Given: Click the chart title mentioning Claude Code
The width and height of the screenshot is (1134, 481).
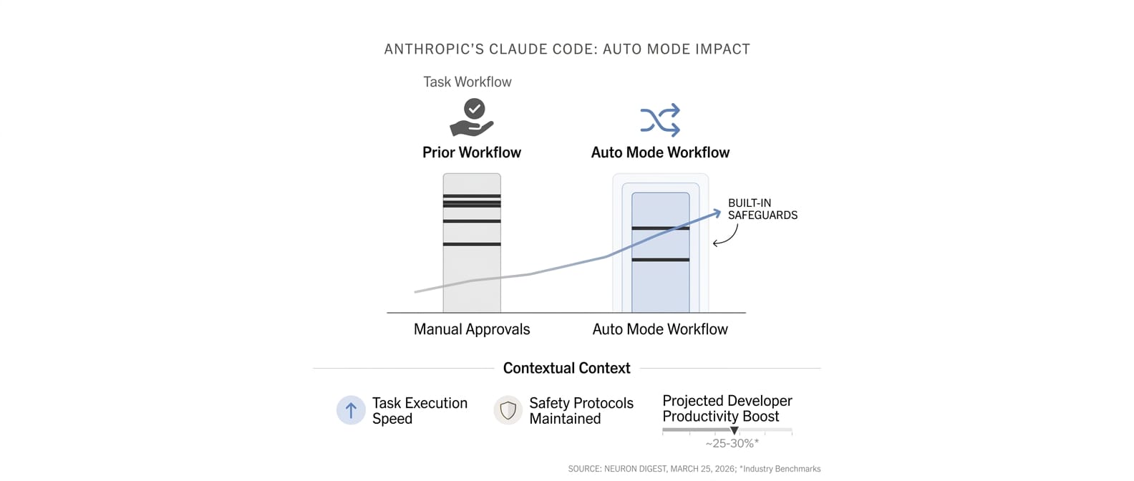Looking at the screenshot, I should tap(567, 49).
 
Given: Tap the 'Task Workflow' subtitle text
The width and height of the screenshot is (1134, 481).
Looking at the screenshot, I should tap(467, 82).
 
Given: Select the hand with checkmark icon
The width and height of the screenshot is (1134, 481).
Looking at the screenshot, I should tap(472, 118).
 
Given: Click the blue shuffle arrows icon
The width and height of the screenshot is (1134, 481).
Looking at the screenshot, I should tap(660, 120).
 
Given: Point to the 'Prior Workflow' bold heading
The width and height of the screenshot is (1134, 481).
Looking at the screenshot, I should tap(472, 152).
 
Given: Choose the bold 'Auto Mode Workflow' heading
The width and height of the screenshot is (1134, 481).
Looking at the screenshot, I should tap(660, 152).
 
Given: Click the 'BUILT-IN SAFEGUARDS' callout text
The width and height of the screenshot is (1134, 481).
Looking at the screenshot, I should tap(762, 209).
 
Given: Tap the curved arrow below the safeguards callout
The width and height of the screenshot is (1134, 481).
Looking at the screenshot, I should tap(726, 236).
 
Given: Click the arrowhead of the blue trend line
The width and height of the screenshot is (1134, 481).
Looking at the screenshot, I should tap(717, 212).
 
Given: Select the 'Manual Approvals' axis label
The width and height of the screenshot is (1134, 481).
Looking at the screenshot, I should tap(472, 329).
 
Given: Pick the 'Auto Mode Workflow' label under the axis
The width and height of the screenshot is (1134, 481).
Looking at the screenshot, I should tap(660, 329).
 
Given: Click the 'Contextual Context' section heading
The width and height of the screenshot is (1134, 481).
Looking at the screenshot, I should tap(566, 368).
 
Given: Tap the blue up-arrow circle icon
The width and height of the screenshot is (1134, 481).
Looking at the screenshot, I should tap(351, 410).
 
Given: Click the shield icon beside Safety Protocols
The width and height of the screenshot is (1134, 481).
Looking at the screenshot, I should tap(508, 410).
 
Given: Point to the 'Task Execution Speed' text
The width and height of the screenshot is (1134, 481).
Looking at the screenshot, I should tap(420, 411).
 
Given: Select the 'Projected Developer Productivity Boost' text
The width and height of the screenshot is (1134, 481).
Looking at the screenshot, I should tap(727, 409).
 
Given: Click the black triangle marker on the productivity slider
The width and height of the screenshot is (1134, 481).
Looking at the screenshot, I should tap(734, 431).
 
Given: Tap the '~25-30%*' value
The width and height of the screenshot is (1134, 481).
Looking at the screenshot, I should tap(732, 444).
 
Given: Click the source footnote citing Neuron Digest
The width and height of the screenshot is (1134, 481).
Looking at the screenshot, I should tap(694, 469).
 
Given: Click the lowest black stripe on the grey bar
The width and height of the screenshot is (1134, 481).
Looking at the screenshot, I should tap(472, 244).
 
